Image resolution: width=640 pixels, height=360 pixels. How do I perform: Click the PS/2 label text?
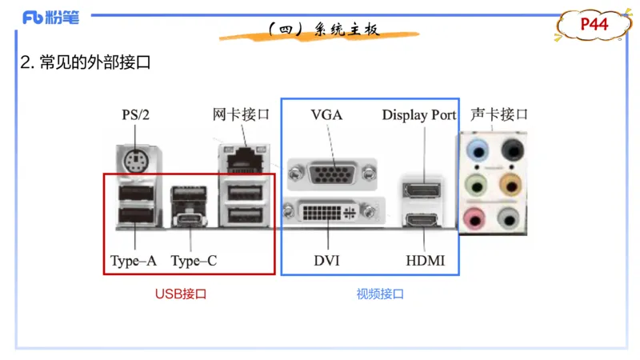[135, 114]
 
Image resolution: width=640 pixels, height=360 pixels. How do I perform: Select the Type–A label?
[134, 261]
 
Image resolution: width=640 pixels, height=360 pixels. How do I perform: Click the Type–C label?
[194, 261]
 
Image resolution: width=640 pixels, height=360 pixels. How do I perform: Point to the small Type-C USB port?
[190, 220]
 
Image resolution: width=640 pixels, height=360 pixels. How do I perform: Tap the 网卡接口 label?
[241, 114]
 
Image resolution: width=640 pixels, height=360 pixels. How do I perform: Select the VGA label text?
[326, 114]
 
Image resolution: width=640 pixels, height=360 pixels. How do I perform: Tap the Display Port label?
[418, 114]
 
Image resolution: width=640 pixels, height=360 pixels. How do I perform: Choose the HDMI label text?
[425, 261]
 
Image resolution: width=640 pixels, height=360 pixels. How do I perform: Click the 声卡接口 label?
[499, 114]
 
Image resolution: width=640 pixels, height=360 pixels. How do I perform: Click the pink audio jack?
[478, 216]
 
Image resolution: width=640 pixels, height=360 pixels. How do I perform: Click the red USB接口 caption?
[181, 294]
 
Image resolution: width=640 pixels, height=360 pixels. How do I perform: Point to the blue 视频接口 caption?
[380, 294]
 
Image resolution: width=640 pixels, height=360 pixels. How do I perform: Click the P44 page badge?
[594, 25]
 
